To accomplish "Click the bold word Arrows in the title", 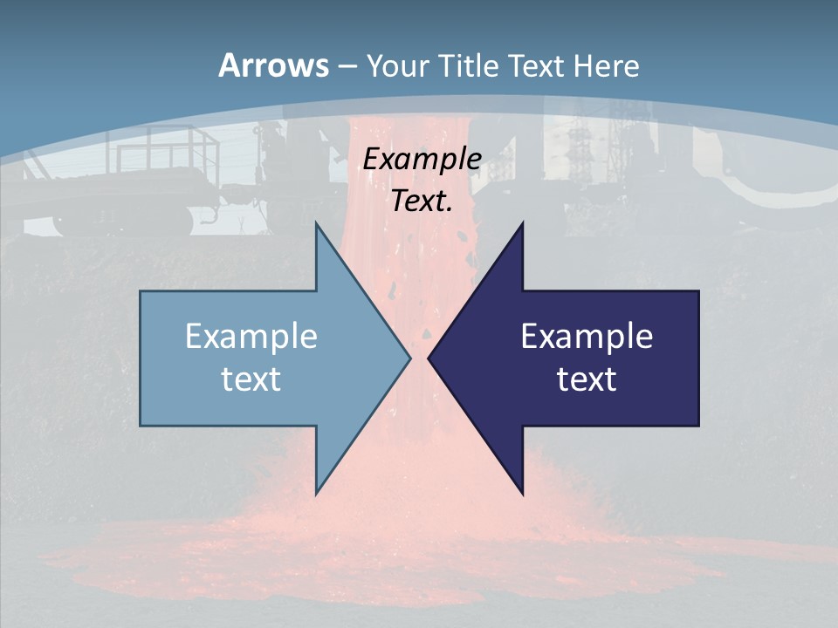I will (273, 65).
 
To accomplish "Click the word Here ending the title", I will (608, 65).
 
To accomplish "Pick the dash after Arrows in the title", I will (347, 66).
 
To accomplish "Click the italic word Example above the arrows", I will (422, 159).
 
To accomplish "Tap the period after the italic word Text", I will (450, 209).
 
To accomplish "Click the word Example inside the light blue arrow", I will (251, 336).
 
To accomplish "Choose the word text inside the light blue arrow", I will (251, 379).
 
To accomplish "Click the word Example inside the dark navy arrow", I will (587, 336).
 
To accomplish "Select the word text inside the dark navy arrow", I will (587, 379).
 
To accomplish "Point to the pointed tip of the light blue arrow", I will (409, 358).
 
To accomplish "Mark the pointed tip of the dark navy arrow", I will (429, 358).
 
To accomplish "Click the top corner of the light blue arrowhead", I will (316, 223).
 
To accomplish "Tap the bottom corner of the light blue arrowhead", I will (316, 494).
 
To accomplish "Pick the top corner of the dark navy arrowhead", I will (522, 223).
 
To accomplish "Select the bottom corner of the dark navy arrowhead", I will (522, 494).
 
